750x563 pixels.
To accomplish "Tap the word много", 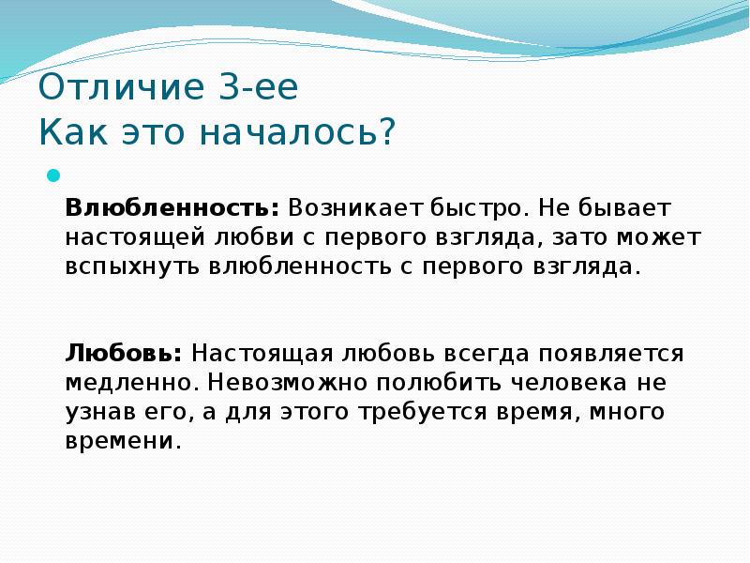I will point(627,412).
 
